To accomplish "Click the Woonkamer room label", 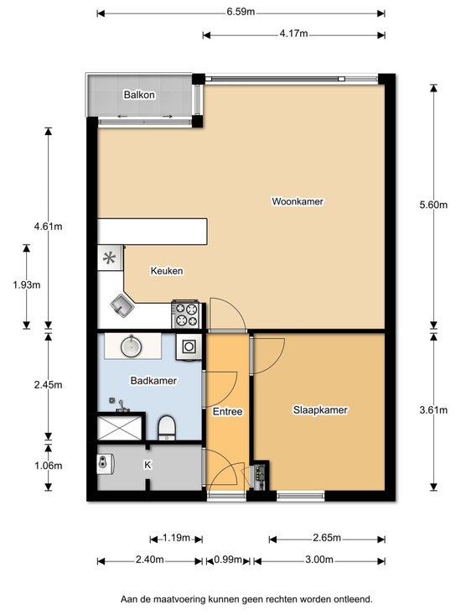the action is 298,201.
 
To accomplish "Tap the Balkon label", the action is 139,95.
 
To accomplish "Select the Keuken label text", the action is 167,271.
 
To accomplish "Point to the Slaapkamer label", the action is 320,410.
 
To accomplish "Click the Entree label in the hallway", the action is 227,412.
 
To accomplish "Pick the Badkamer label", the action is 153,381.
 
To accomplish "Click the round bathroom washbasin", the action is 132,346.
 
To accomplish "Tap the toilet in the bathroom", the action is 167,428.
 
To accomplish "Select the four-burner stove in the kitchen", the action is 187,315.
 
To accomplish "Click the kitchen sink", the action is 122,306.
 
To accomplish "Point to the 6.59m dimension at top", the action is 241,12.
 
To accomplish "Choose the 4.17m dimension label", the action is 293,34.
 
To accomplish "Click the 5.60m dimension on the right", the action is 433,205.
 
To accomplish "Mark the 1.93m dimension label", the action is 27,285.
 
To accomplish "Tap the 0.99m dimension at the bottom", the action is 228,560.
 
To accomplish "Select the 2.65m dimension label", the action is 327,538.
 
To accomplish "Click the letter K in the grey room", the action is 148,465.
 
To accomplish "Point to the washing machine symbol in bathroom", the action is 189,347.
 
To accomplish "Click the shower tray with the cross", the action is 119,428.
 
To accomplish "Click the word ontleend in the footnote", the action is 353,600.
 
